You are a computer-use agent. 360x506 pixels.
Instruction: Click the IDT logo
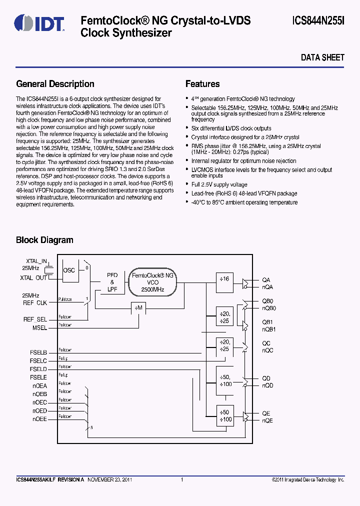pyautogui.click(x=39, y=23)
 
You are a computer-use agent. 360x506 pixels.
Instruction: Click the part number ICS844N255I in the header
pyautogui.click(x=318, y=21)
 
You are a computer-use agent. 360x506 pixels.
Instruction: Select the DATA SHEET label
pyautogui.click(x=322, y=57)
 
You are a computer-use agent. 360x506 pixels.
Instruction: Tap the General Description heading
pyautogui.click(x=55, y=84)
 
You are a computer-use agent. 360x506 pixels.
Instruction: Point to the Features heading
pyautogui.click(x=202, y=84)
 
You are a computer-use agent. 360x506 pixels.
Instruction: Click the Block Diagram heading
pyautogui.click(x=44, y=240)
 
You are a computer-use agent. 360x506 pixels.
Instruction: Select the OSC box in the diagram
pyautogui.click(x=69, y=270)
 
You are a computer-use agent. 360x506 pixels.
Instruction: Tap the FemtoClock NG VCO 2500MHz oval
pyautogui.click(x=152, y=282)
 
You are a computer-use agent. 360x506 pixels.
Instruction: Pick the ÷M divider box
pyautogui.click(x=138, y=308)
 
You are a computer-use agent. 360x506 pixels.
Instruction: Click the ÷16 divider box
pyautogui.click(x=224, y=279)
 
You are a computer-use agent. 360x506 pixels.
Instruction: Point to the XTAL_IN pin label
pyautogui.click(x=36, y=261)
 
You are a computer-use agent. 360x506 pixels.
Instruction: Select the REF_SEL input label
pyautogui.click(x=35, y=319)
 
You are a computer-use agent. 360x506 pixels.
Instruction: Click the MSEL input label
pyautogui.click(x=39, y=328)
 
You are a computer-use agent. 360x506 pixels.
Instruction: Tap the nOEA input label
pyautogui.click(x=39, y=386)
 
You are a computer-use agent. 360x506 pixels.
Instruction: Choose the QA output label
pyautogui.click(x=266, y=280)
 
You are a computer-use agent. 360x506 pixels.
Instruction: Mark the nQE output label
pyautogui.click(x=267, y=421)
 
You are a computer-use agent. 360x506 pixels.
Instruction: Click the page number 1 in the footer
pyautogui.click(x=182, y=480)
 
